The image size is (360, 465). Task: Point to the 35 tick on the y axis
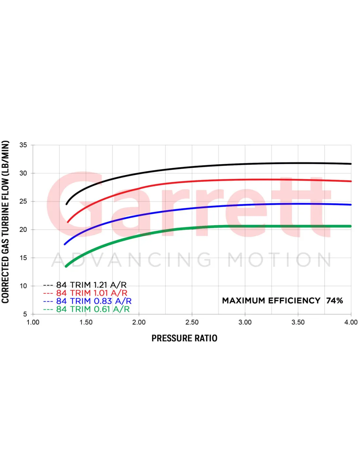[23, 145]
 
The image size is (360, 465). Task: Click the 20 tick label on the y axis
[23, 230]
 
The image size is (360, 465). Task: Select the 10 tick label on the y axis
[23, 286]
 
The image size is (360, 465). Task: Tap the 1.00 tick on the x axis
[33, 322]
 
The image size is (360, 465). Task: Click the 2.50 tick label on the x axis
[192, 322]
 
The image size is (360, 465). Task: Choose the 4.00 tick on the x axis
[351, 322]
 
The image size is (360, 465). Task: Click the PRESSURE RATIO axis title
[184, 338]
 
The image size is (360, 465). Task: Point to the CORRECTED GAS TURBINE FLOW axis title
[5, 222]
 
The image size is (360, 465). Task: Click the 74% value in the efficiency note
[334, 301]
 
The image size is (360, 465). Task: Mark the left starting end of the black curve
[67, 204]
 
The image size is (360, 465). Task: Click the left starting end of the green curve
[66, 266]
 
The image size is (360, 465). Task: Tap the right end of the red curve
[351, 181]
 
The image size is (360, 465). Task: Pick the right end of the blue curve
[351, 205]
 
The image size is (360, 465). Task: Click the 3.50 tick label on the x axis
[298, 322]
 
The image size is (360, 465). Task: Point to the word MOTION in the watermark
[279, 260]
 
